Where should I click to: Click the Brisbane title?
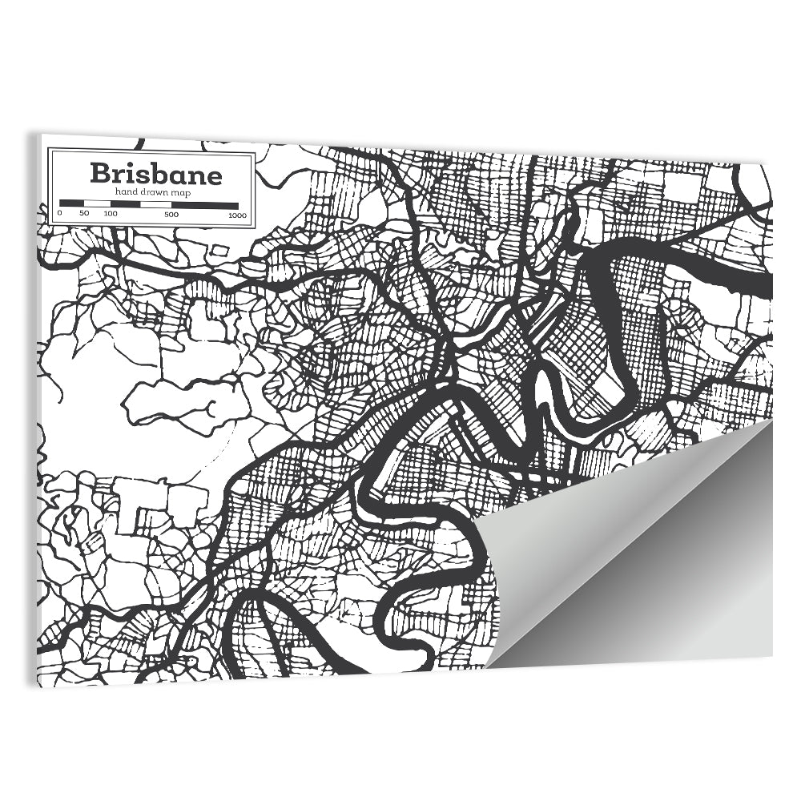[155, 173]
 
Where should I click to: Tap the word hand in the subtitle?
[126, 193]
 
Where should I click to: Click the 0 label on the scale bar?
[60, 215]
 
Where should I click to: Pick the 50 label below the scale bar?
[84, 215]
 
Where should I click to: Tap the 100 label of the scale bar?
[111, 215]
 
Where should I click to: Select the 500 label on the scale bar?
[171, 215]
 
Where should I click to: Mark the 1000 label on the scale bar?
[236, 215]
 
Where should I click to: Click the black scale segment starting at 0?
[72, 204]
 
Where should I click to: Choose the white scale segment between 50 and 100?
[97, 204]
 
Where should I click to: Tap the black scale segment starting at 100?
[126, 204]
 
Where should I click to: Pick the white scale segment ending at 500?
[156, 204]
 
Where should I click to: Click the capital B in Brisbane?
[100, 173]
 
